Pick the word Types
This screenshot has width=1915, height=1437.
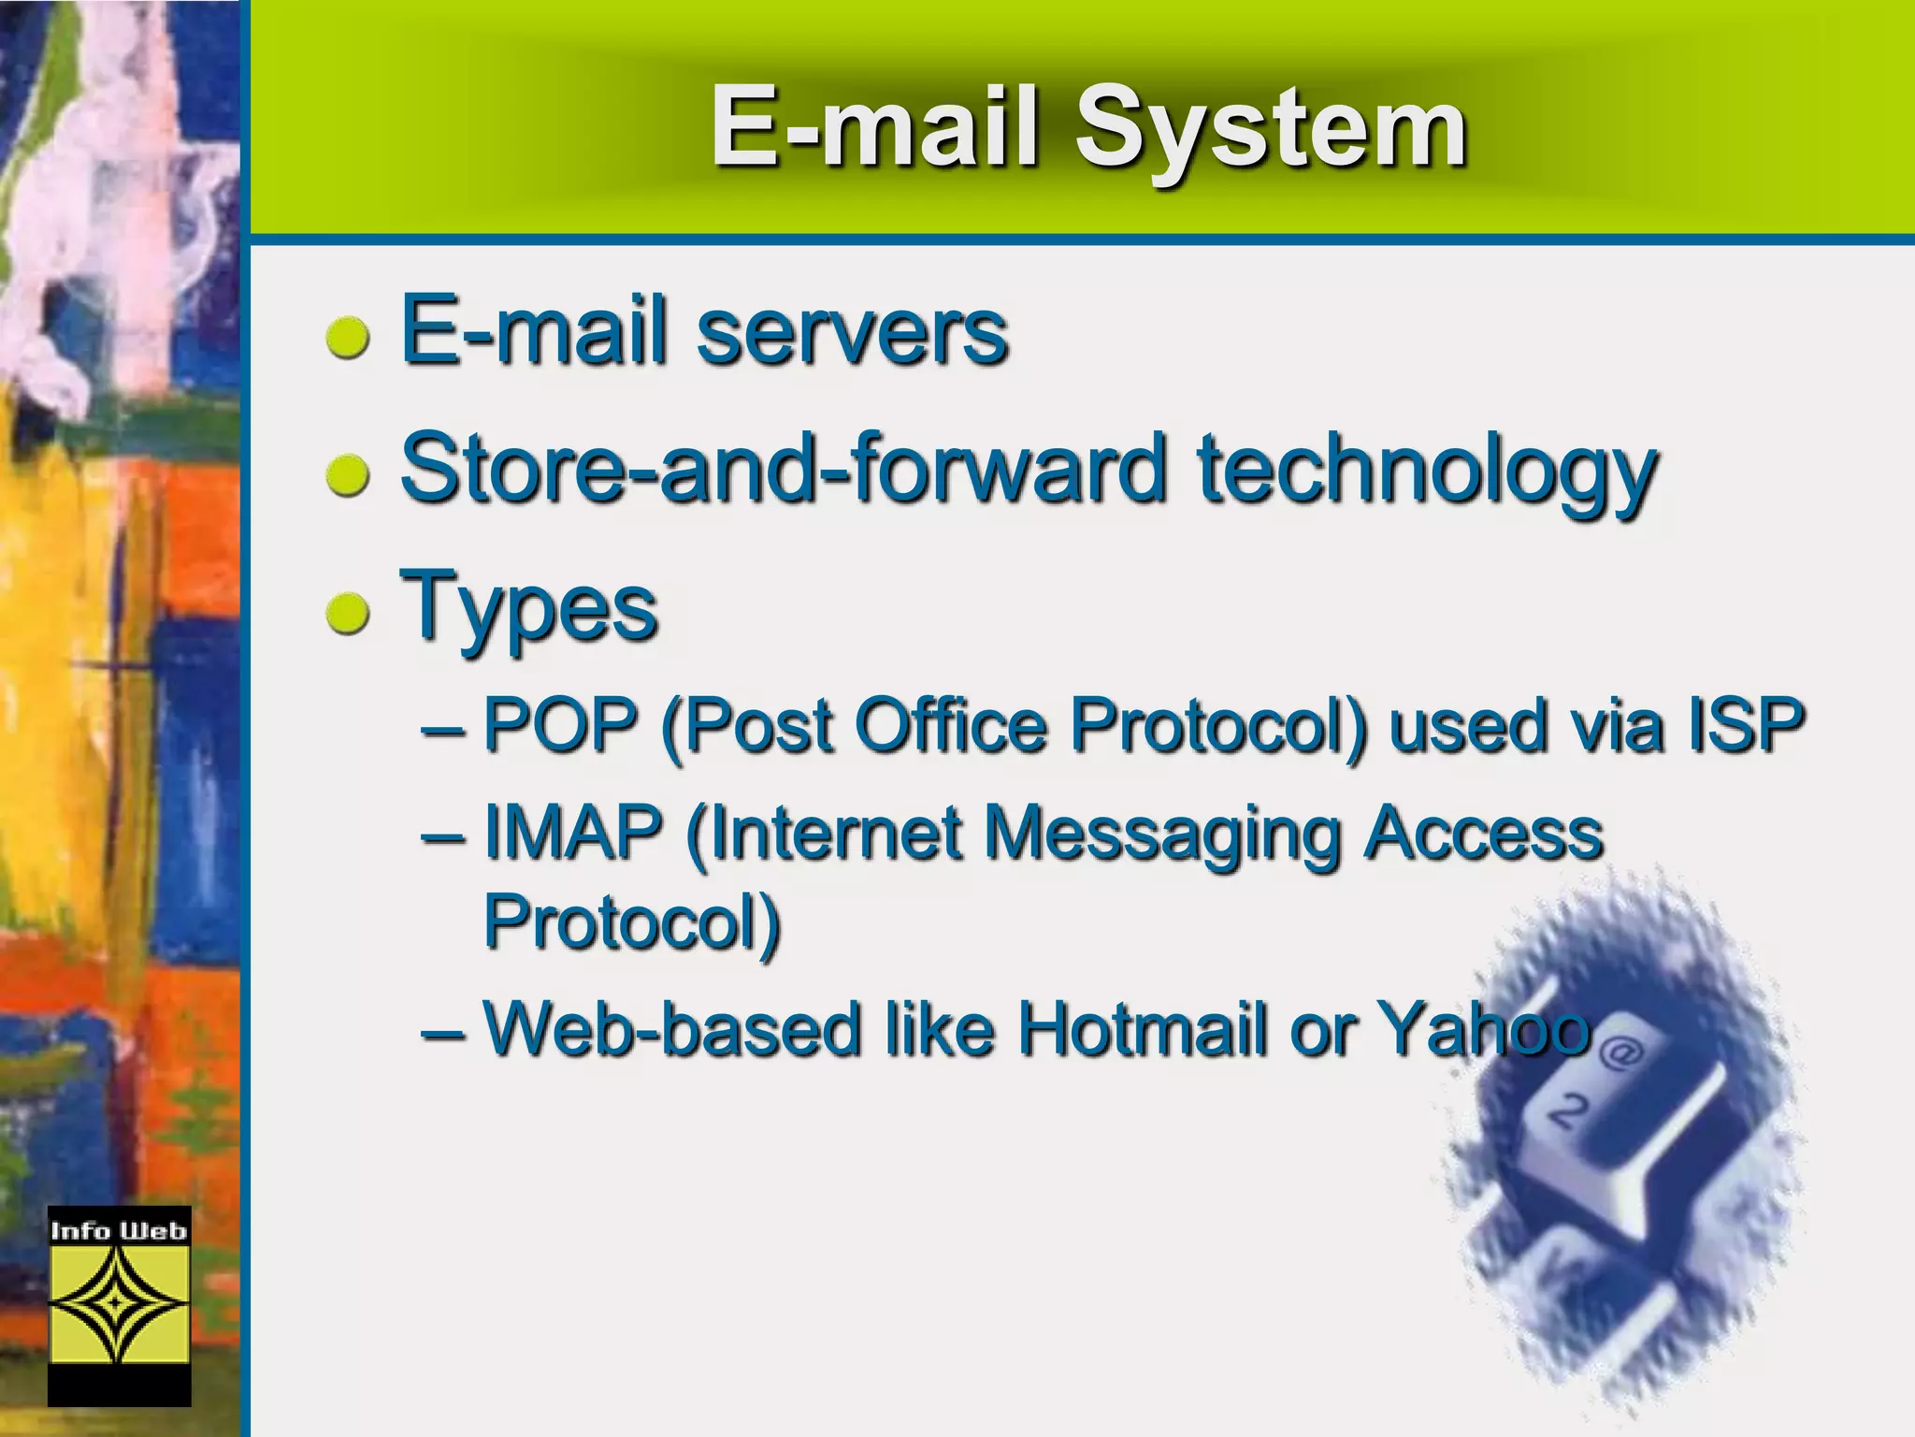(x=528, y=608)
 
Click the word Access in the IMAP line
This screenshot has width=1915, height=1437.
(x=1482, y=832)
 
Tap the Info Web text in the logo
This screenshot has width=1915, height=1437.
(x=119, y=1230)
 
